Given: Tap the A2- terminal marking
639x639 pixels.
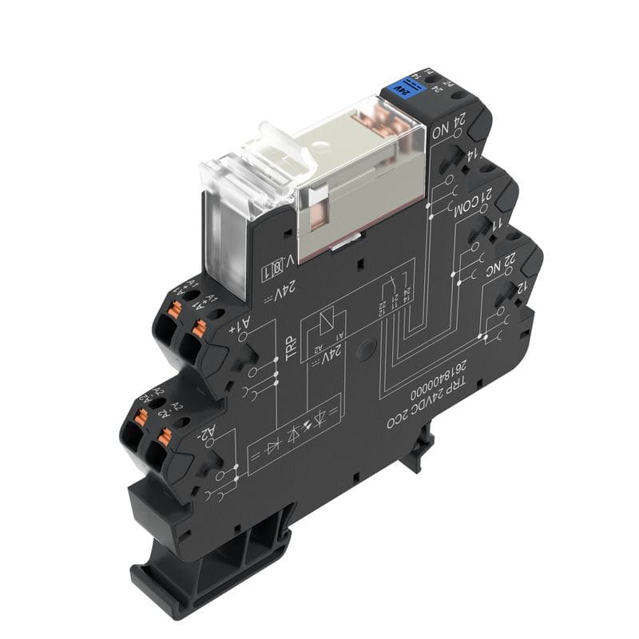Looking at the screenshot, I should pyautogui.click(x=207, y=436).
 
